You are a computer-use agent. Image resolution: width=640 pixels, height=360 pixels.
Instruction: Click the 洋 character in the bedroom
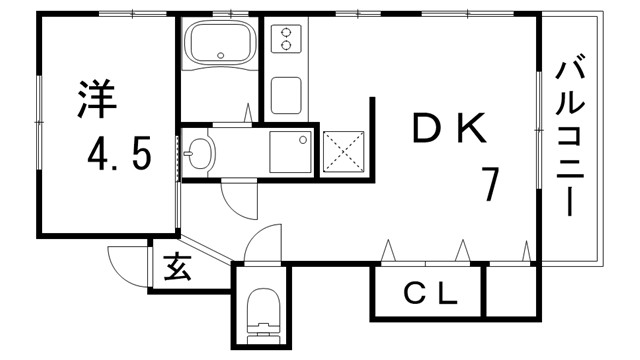point(96,97)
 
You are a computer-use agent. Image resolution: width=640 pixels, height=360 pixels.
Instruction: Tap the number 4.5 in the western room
point(117,155)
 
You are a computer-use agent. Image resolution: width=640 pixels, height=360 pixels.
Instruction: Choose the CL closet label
point(430,294)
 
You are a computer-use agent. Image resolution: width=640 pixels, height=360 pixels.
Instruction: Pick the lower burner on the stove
point(287,45)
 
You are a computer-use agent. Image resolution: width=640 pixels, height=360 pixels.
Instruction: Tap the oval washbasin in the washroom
point(200,153)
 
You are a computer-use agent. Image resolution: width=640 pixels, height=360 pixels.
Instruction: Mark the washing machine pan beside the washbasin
point(291,152)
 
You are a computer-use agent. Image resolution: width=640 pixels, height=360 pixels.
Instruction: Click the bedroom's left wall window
point(39,121)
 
